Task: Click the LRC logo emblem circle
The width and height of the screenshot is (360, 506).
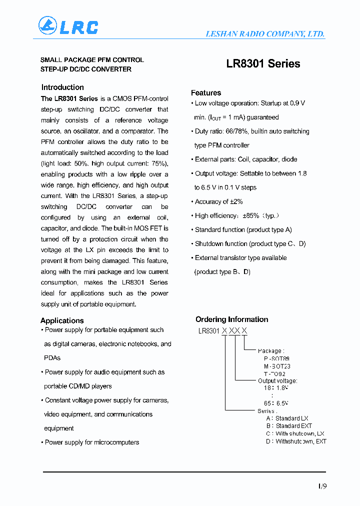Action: tap(48, 26)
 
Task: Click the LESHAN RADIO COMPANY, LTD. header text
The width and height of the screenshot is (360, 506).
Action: tap(265, 34)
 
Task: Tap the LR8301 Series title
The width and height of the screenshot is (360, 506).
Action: tap(263, 64)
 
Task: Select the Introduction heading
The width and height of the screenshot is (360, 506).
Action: tap(62, 87)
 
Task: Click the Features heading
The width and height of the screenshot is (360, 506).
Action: tap(206, 93)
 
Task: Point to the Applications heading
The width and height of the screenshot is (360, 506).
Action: tap(62, 320)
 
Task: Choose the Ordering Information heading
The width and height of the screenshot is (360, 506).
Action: tap(231, 319)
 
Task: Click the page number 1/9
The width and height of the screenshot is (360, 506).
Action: tap(321, 485)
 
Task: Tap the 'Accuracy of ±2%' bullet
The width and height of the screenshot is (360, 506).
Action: tap(218, 201)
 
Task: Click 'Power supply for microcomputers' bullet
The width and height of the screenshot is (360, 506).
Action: tap(92, 442)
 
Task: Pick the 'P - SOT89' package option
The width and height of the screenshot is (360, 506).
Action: tap(276, 358)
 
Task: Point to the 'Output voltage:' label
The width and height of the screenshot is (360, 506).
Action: tap(277, 381)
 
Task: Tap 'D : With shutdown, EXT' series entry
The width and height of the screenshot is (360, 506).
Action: tap(296, 441)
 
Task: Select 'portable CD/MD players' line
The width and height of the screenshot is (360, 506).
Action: tap(78, 386)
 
